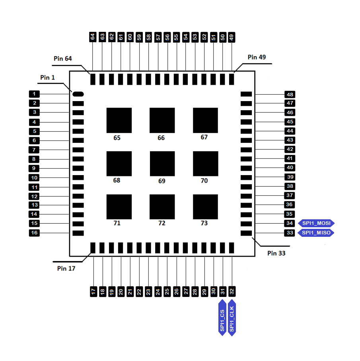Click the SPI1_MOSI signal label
tap(316, 223)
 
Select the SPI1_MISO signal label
tap(316, 233)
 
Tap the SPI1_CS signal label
tap(222, 318)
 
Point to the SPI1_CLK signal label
tap(232, 318)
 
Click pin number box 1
tap(34, 94)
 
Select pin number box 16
tap(34, 233)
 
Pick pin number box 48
tap(290, 94)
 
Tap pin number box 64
tap(93, 37)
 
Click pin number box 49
tap(232, 37)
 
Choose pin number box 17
tap(93, 292)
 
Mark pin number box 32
tap(232, 292)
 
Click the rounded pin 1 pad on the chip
tap(78, 94)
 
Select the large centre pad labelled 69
tap(162, 164)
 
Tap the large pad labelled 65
tap(119, 120)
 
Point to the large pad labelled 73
tap(205, 207)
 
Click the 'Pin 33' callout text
tap(276, 253)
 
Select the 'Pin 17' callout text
tap(66, 268)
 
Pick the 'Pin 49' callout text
tap(257, 57)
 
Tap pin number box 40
tap(290, 168)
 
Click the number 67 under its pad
tap(204, 137)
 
